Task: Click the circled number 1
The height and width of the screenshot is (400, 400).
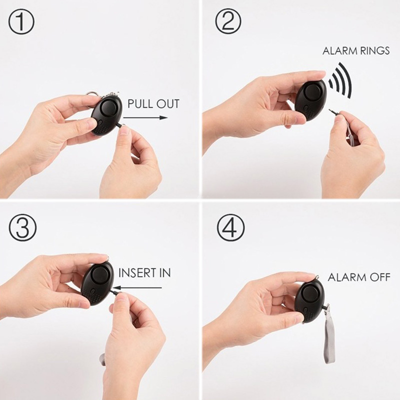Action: (x=21, y=21)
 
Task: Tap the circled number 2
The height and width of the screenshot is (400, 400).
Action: (x=228, y=21)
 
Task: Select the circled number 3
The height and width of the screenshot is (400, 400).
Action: (x=22, y=227)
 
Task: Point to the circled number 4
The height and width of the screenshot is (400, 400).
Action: (x=230, y=227)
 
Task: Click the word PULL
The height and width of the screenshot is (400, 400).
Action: (x=140, y=104)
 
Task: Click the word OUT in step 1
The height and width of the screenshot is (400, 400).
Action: (x=168, y=104)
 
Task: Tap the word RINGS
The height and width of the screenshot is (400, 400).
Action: (x=373, y=51)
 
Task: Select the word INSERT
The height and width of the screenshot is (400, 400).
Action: (x=135, y=273)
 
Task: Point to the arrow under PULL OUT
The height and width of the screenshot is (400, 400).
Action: (x=145, y=117)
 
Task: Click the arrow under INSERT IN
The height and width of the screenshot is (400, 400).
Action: (x=139, y=288)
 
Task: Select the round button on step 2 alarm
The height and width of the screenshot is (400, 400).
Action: (x=311, y=92)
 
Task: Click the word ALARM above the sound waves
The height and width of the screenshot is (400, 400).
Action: (x=338, y=51)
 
